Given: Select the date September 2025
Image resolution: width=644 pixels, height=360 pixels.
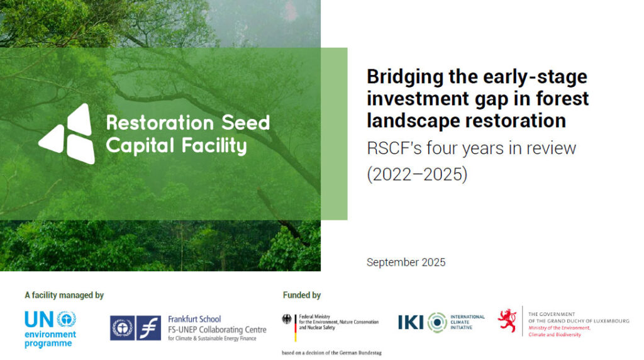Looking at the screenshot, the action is pyautogui.click(x=406, y=262).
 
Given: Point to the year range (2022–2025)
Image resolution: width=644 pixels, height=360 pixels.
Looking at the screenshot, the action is pyautogui.click(x=417, y=174).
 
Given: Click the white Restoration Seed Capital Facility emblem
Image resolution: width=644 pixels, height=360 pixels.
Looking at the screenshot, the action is pyautogui.click(x=67, y=133).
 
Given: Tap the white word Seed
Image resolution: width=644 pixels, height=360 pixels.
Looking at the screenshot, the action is pyautogui.click(x=246, y=123).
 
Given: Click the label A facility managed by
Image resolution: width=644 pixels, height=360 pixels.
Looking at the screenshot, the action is pyautogui.click(x=64, y=295).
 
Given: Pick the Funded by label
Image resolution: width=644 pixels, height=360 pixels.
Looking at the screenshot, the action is pyautogui.click(x=301, y=295).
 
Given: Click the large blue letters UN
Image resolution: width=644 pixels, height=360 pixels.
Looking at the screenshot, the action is pyautogui.click(x=39, y=319).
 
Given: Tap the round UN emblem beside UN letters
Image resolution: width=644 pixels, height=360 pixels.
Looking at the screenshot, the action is pyautogui.click(x=66, y=319).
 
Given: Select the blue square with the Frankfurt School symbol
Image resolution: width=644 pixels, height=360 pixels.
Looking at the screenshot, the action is pyautogui.click(x=148, y=328).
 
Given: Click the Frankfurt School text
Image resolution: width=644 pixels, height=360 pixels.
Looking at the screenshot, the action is pyautogui.click(x=194, y=319).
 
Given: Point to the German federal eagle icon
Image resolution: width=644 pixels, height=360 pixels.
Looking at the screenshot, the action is pyautogui.click(x=287, y=319).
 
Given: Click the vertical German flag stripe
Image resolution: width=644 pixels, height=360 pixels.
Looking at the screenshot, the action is pyautogui.click(x=296, y=328).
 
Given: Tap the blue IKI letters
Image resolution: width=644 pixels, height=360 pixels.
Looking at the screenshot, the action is pyautogui.click(x=410, y=322).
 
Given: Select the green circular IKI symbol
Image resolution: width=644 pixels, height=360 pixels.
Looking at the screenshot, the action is pyautogui.click(x=437, y=322).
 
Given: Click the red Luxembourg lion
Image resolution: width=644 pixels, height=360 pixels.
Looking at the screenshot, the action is pyautogui.click(x=508, y=320).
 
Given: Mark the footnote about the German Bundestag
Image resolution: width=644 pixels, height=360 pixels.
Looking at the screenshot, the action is pyautogui.click(x=331, y=352).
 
